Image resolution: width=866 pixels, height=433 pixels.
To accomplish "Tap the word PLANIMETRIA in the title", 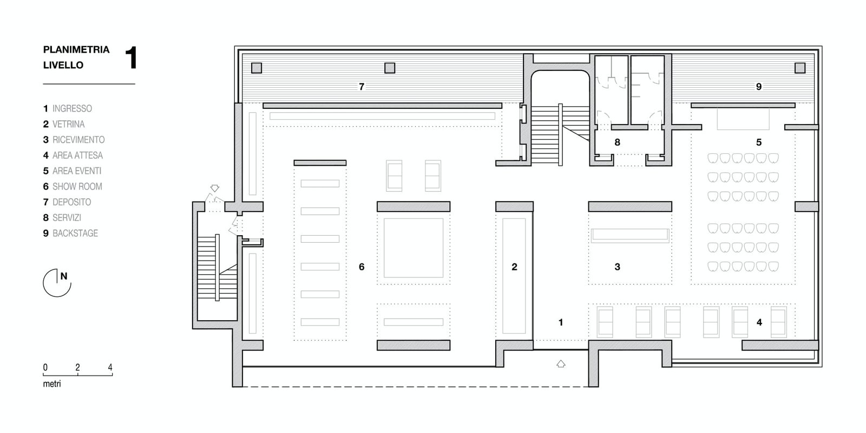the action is click(x=76, y=49).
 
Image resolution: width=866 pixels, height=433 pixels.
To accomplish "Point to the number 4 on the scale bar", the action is click(x=110, y=367).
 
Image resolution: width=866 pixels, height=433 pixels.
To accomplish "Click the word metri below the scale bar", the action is click(x=52, y=384).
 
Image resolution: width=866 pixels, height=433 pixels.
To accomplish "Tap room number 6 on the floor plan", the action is click(x=362, y=267).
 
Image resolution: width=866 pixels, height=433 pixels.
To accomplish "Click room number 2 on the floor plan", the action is click(x=514, y=267).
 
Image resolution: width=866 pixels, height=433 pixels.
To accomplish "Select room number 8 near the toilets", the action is click(x=618, y=143).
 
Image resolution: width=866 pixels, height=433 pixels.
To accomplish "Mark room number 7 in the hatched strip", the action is click(x=362, y=87).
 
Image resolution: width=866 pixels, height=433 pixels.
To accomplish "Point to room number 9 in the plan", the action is click(x=759, y=87).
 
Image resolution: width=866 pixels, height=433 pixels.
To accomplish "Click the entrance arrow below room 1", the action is click(x=561, y=364).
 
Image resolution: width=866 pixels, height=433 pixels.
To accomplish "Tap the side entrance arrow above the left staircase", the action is click(x=215, y=188).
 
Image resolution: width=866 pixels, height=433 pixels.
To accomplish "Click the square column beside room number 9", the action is click(x=800, y=68).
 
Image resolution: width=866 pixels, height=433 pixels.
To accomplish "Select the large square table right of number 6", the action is click(x=414, y=248).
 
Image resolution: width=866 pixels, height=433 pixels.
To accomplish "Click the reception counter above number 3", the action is click(x=630, y=235).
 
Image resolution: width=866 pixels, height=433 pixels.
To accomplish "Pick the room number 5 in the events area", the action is click(x=759, y=143).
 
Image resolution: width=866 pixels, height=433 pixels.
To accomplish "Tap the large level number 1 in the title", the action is click(x=132, y=57).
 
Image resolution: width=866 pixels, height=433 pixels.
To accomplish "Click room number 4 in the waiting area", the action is click(x=759, y=322).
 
